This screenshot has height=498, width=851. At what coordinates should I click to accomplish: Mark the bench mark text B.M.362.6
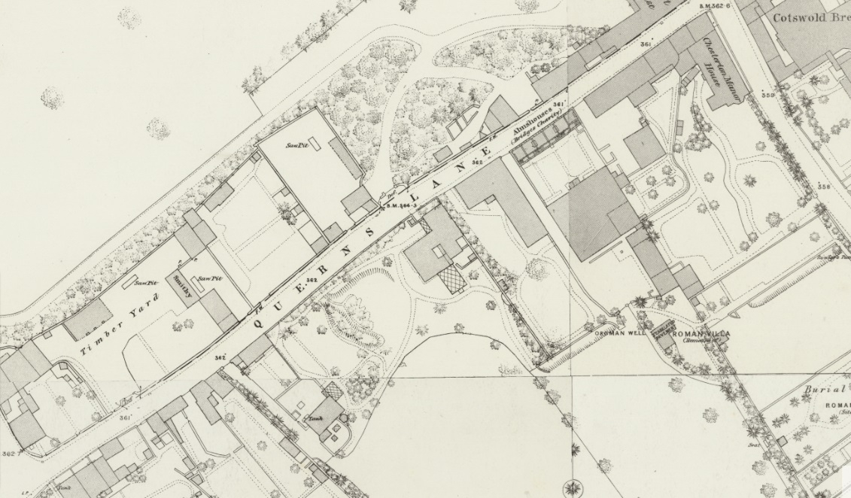tap(716, 7)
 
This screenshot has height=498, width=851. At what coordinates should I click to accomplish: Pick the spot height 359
tap(767, 96)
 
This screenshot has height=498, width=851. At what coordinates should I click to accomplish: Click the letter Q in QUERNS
tap(259, 323)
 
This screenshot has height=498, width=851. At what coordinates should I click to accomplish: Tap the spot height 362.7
tap(9, 453)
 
